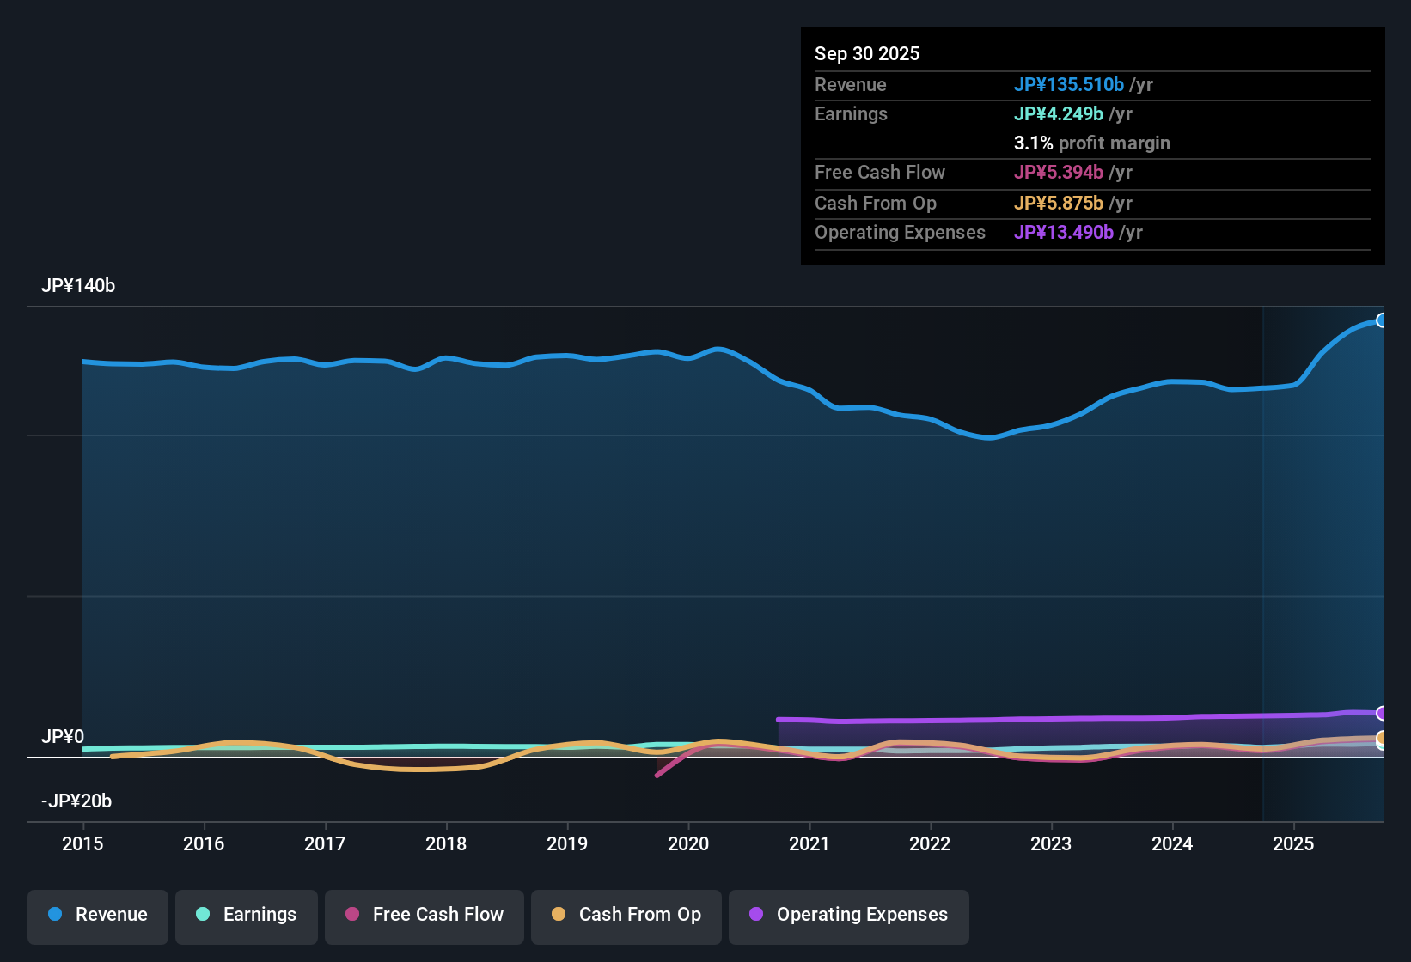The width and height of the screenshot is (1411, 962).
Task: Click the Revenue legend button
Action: click(x=98, y=915)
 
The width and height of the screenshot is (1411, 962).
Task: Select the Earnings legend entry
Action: click(x=247, y=915)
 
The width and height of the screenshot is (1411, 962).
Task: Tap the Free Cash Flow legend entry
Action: click(x=425, y=915)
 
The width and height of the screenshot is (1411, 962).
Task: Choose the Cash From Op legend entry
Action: click(x=626, y=915)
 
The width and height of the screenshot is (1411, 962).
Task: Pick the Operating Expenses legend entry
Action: click(x=849, y=915)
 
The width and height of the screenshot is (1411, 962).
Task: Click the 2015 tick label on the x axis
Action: click(x=82, y=844)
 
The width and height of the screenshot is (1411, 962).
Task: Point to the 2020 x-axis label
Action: click(x=688, y=844)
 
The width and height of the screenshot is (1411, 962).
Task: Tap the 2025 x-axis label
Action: click(x=1293, y=844)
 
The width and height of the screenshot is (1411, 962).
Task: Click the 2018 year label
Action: click(x=446, y=844)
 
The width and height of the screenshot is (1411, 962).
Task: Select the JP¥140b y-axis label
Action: click(x=78, y=286)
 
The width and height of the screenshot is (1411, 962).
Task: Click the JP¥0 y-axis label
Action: click(x=63, y=737)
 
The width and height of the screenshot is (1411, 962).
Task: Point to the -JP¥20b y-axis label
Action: click(x=76, y=801)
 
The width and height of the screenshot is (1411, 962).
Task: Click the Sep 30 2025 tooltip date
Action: click(x=867, y=54)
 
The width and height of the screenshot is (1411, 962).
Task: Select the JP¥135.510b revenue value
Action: click(x=1068, y=85)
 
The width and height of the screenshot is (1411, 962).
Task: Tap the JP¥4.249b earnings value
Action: click(x=1058, y=114)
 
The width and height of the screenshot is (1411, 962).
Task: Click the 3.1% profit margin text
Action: click(x=1091, y=143)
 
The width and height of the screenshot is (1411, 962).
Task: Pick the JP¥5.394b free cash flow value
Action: click(x=1058, y=173)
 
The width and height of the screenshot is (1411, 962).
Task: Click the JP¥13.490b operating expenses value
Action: click(x=1063, y=233)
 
